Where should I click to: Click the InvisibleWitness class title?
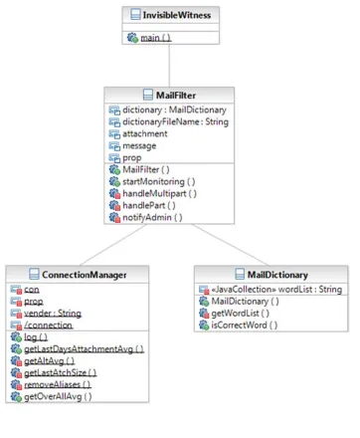[x=177, y=15]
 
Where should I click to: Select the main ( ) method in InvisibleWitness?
[x=156, y=38]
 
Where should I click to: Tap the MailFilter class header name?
[x=176, y=96]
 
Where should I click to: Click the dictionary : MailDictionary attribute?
[x=174, y=109]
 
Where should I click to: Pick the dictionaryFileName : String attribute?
[x=175, y=121]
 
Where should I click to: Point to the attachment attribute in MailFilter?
[x=145, y=133]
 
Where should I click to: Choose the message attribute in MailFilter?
[x=139, y=146]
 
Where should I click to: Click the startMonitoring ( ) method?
[x=159, y=181]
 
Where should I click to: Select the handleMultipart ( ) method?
[x=159, y=193]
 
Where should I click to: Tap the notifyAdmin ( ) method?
[x=152, y=217]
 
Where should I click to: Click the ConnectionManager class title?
[x=85, y=275]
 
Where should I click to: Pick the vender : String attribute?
[x=53, y=314]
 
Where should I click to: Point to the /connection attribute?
[x=49, y=326]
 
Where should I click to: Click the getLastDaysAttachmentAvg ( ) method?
[x=84, y=349]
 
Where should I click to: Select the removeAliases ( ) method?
[x=58, y=384]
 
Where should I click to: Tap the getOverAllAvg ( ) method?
[x=58, y=396]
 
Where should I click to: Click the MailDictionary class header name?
[x=277, y=275]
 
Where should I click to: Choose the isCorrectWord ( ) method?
[x=245, y=325]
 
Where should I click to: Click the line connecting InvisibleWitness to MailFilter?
[x=169, y=66]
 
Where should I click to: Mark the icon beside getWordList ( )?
[x=204, y=313]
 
